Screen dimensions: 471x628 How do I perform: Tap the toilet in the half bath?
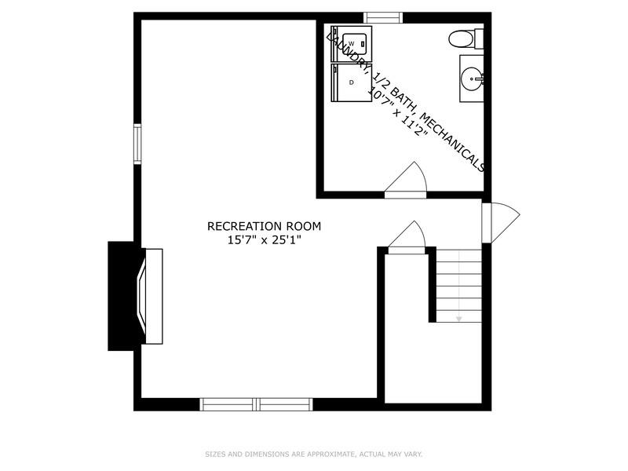(463, 38)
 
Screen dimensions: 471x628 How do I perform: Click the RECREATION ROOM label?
(264, 226)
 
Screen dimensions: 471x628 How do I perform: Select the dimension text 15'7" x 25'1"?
(264, 240)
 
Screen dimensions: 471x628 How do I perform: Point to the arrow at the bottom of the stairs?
(459, 318)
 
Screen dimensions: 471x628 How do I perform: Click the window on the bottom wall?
(257, 404)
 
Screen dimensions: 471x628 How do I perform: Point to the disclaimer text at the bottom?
(313, 454)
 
